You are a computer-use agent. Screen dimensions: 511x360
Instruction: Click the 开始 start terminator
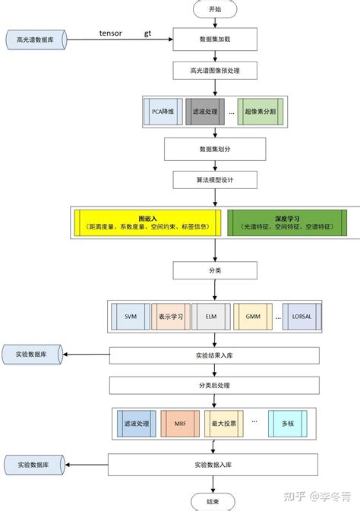point(213,9)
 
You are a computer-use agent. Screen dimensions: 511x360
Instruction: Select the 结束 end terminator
point(213,501)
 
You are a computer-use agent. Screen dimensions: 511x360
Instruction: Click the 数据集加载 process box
point(215,38)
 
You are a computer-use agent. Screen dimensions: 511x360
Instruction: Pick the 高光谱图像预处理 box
point(215,71)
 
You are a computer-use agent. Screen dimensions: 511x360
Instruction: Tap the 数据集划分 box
point(215,149)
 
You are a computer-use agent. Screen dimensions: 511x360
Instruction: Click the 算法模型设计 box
point(215,181)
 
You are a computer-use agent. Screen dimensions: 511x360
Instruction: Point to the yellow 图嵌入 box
point(147,222)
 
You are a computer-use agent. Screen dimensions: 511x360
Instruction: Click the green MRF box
point(181,422)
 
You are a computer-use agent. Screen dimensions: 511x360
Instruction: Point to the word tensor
point(110,33)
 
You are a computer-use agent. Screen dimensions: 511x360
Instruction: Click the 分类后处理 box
point(215,386)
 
